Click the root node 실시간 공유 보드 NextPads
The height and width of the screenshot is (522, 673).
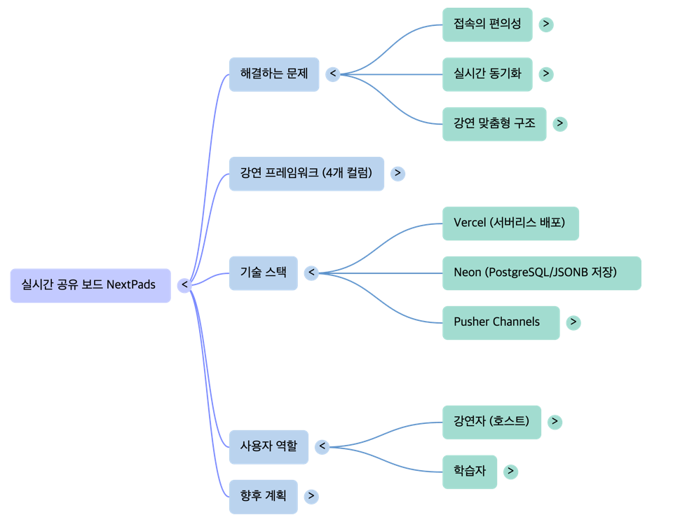(90, 285)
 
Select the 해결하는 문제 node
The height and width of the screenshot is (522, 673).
(274, 74)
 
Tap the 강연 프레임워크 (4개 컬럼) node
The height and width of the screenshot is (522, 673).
(306, 173)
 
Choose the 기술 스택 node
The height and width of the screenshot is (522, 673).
(264, 273)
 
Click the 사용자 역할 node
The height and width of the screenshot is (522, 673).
(268, 446)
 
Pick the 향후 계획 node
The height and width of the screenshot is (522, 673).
(263, 496)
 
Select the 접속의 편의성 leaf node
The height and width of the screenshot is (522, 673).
(487, 25)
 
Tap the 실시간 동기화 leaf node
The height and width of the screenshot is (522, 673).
(487, 74)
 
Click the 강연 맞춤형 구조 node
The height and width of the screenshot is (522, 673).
(494, 123)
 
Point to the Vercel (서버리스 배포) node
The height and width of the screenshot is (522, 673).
(510, 223)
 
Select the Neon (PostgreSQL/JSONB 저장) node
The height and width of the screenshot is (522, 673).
(541, 273)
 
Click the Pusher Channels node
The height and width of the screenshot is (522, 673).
(501, 322)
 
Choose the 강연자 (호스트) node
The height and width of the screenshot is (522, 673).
(491, 422)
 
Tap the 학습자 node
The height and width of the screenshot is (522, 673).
(470, 472)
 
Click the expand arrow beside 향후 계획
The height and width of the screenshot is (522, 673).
(311, 496)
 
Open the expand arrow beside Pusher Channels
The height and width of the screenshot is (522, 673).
(573, 322)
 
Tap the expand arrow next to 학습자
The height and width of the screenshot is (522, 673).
(511, 472)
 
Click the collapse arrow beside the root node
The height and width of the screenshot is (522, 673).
(184, 285)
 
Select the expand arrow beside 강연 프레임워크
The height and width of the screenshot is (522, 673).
(397, 173)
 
